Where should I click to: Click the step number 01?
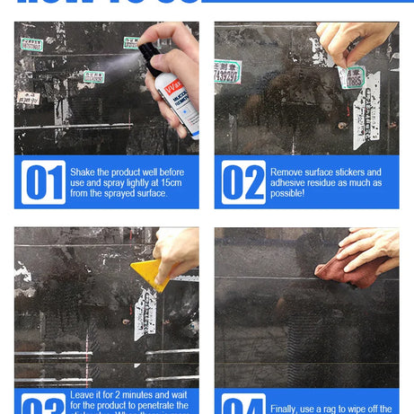coord(43,182)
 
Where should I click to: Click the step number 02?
coord(243,182)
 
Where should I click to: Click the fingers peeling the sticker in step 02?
coord(346,44)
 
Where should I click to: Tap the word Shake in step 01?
coord(86,172)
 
